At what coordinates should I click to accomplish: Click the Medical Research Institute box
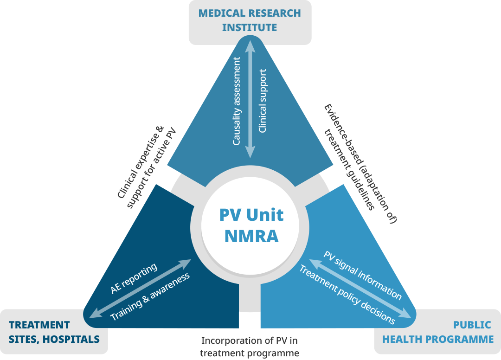pyautogui.click(x=250, y=20)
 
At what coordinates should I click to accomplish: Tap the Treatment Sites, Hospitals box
pyautogui.click(x=54, y=332)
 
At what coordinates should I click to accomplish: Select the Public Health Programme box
pyautogui.click(x=437, y=332)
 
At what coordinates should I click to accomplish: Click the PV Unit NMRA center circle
pyautogui.click(x=251, y=226)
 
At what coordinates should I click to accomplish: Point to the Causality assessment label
pyautogui.click(x=237, y=101)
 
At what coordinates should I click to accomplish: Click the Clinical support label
pyautogui.click(x=263, y=101)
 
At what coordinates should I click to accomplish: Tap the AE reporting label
pyautogui.click(x=134, y=278)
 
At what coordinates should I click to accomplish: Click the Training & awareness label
pyautogui.click(x=150, y=297)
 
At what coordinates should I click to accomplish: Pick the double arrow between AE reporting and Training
pyautogui.click(x=140, y=289)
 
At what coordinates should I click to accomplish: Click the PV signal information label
pyautogui.click(x=362, y=275)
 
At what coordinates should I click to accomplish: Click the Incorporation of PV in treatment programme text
pyautogui.click(x=249, y=347)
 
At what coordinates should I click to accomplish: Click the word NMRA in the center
pyautogui.click(x=251, y=236)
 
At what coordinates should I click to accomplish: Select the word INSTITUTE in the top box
pyautogui.click(x=250, y=27)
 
